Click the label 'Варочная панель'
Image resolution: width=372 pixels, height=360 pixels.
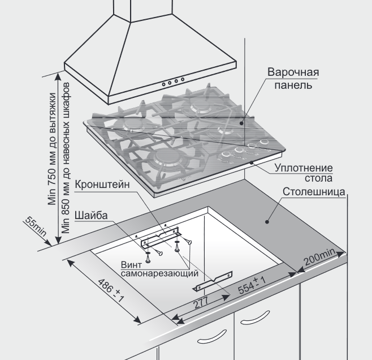coord(293,79)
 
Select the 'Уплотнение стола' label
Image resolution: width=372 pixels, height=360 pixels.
coord(302,173)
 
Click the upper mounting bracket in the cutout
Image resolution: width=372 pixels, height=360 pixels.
coord(161,236)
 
